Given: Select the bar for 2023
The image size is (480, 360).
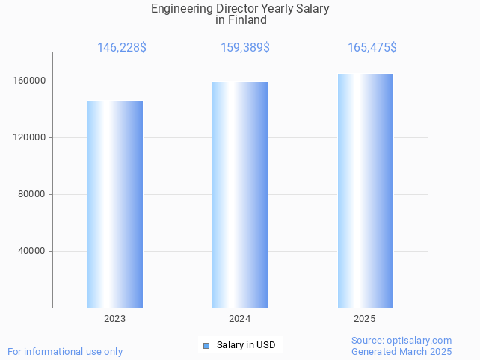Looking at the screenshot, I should click(115, 204).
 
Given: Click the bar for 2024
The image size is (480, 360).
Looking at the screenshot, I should click(240, 194).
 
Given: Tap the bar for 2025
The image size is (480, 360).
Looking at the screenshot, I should click(365, 190).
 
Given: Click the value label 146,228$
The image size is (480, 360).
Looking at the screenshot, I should click(122, 48).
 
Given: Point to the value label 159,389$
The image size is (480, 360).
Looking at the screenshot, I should click(245, 48).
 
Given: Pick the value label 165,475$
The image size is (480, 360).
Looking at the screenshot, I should click(372, 48).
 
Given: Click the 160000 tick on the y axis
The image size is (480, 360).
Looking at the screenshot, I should click(31, 81).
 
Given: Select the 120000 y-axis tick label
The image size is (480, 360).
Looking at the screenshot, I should click(31, 137).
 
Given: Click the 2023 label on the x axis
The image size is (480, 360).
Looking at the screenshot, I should click(115, 319).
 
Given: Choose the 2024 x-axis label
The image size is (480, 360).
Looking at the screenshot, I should click(240, 319).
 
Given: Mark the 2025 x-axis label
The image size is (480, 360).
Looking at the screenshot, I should click(365, 319).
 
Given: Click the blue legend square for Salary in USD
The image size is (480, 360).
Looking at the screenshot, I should click(206, 345).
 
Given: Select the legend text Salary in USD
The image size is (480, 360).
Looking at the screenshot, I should click(246, 345).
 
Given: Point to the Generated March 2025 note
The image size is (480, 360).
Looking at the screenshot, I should click(401, 351).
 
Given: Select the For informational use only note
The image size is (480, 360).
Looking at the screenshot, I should click(65, 351).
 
